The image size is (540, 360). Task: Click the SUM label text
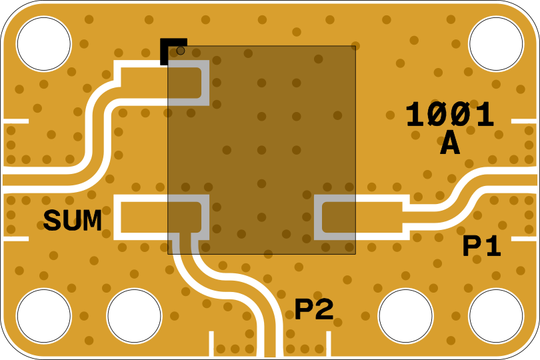[x=73, y=221]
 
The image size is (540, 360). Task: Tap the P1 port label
[x=482, y=247]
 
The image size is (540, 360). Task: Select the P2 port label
[x=314, y=309]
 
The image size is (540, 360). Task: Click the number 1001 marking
[x=450, y=115]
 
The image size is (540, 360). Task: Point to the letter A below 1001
[x=450, y=144]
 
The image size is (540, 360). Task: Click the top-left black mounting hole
[x=43, y=44]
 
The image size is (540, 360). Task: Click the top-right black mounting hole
[x=496, y=44]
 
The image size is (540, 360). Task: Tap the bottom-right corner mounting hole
[x=496, y=316]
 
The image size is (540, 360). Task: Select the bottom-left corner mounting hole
[x=43, y=316]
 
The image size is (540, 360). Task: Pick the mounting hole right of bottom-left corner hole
[x=134, y=316]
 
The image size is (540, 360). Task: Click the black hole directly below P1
[x=405, y=316]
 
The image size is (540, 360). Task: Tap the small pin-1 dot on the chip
[x=181, y=51]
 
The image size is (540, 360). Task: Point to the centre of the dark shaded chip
[x=261, y=150]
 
